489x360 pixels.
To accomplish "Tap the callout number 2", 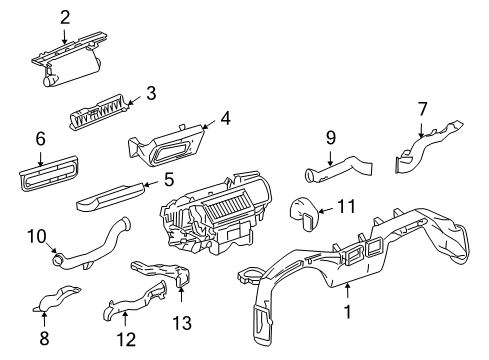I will [x=65, y=16].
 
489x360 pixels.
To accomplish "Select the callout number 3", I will [x=151, y=93].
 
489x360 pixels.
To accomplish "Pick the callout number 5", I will [x=169, y=181].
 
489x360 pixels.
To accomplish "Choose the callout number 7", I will [x=422, y=107].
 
